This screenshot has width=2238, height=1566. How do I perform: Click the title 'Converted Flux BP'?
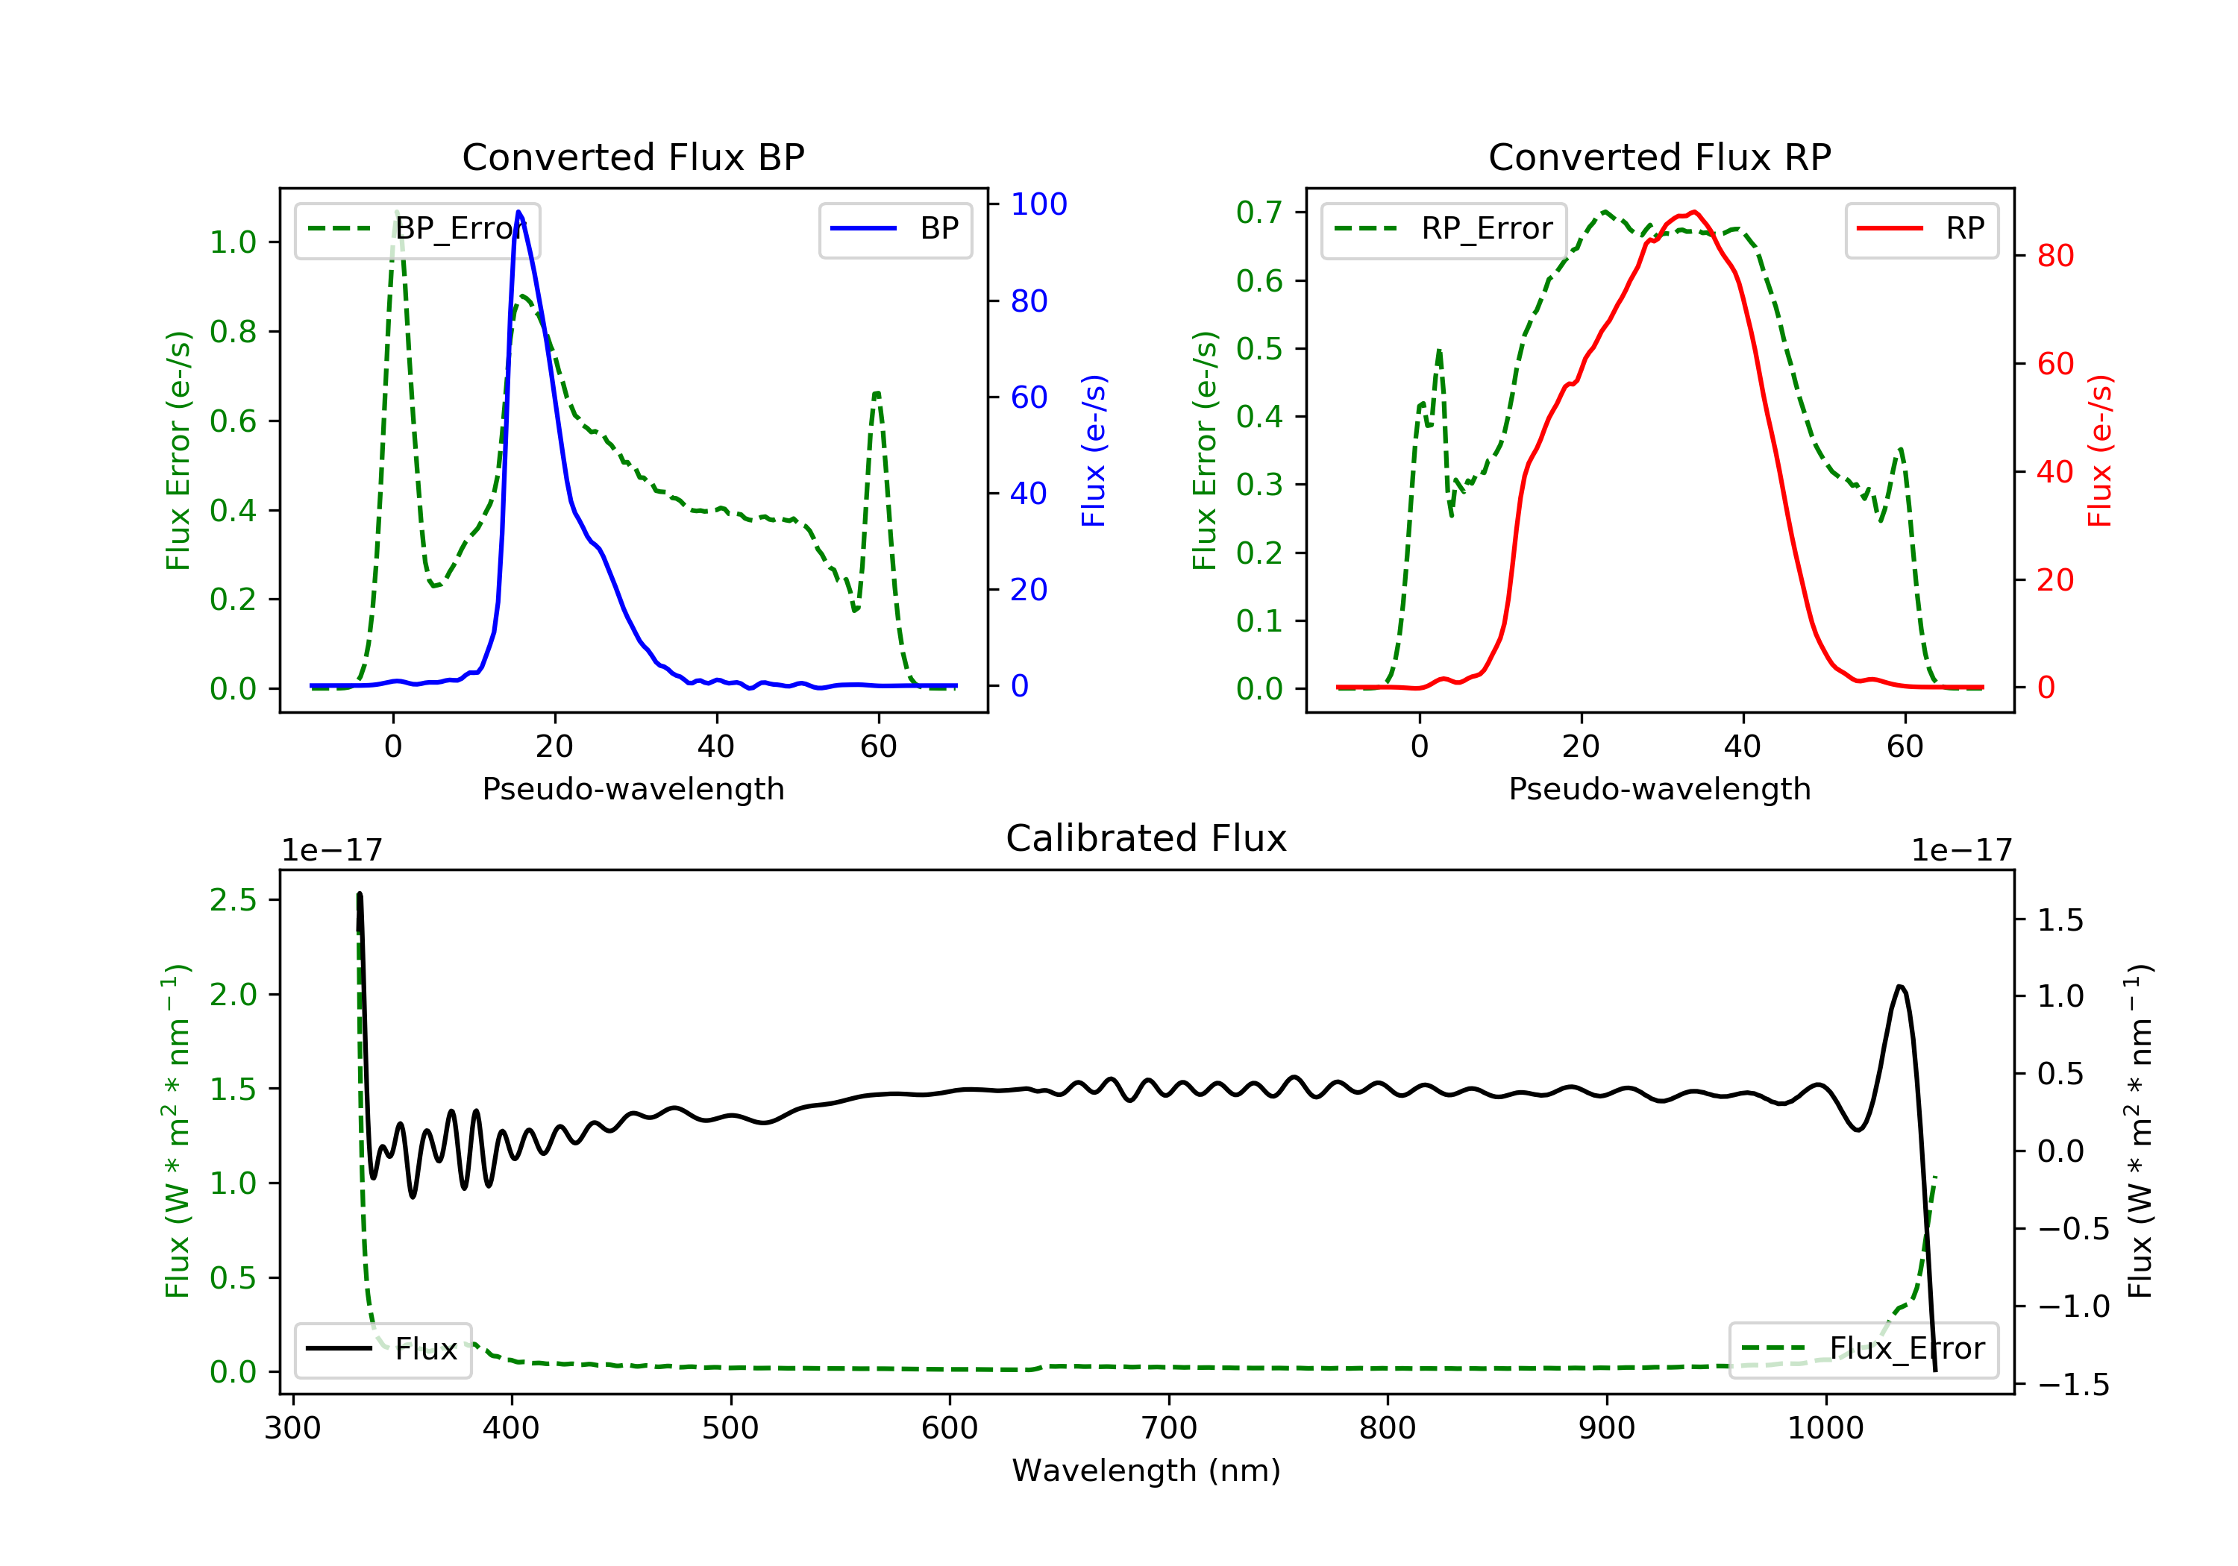633,157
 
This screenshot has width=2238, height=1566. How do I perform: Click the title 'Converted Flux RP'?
1659,157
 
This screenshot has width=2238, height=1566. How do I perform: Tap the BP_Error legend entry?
417,229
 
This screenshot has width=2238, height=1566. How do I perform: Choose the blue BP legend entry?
894,229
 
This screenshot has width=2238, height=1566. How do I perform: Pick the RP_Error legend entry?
1443,229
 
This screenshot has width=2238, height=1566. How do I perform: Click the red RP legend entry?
1920,229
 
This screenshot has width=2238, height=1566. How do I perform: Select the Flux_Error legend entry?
1863,1349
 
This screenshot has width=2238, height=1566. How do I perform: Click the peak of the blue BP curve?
518,212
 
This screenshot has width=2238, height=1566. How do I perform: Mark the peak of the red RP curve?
1694,213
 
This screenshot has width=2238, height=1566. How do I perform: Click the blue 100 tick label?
1038,204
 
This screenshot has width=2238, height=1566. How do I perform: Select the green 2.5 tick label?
233,900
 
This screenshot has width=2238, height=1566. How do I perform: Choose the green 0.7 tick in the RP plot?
1259,213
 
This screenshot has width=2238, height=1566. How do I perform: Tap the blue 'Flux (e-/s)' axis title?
1094,450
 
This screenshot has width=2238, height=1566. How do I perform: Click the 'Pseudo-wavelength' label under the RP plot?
1659,788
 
